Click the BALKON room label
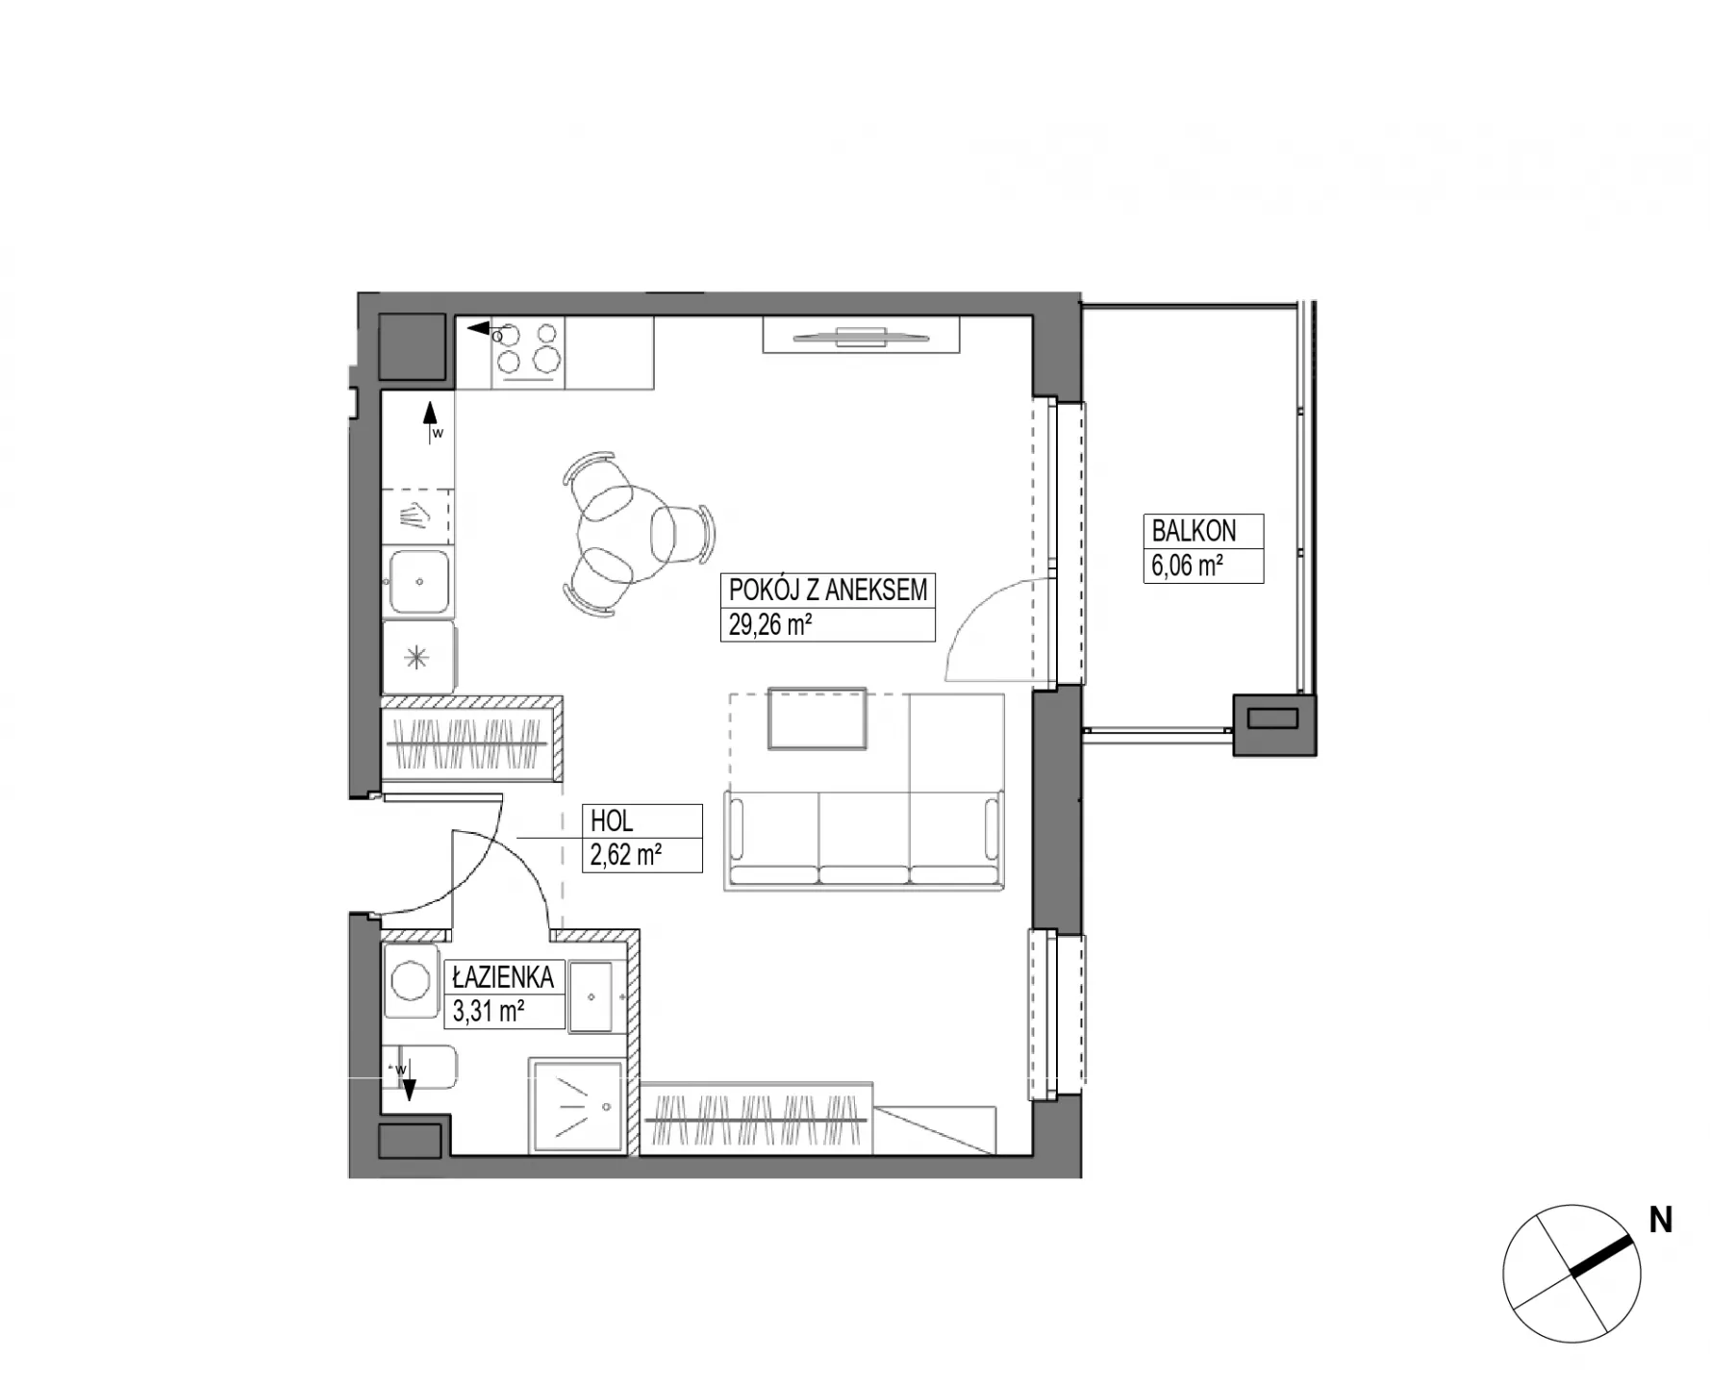pyautogui.click(x=1194, y=530)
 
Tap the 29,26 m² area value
pyautogui.click(x=770, y=625)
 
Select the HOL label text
pyautogui.click(x=612, y=821)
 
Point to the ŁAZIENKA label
pyautogui.click(x=503, y=977)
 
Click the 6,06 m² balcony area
pyautogui.click(x=1188, y=565)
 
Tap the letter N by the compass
pyautogui.click(x=1661, y=1221)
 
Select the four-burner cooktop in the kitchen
pyautogui.click(x=528, y=351)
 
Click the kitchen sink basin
pyautogui.click(x=419, y=581)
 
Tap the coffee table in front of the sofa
pyautogui.click(x=817, y=718)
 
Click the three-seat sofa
pyautogui.click(x=866, y=838)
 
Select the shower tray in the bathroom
pyautogui.click(x=576, y=1106)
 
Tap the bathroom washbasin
pyautogui.click(x=592, y=996)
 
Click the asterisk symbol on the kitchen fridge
pyautogui.click(x=415, y=658)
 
